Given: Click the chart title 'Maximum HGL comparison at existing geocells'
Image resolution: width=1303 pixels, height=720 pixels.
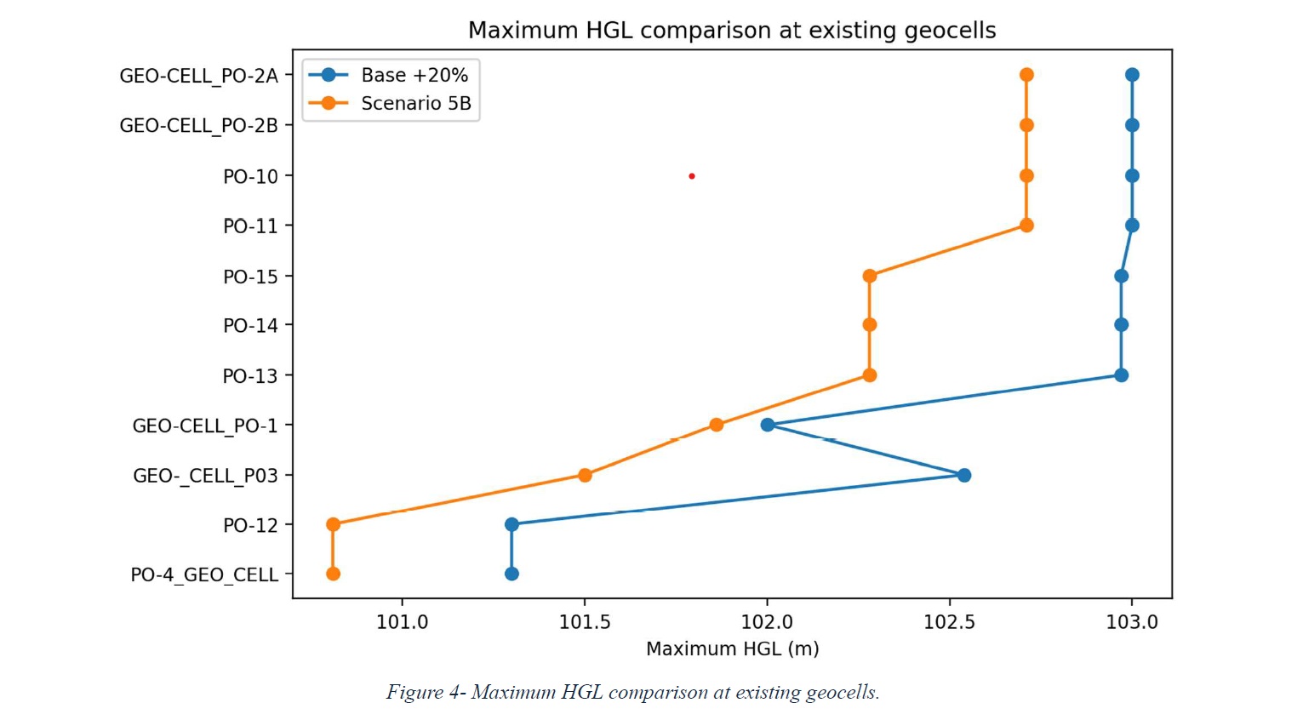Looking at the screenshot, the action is (x=732, y=31).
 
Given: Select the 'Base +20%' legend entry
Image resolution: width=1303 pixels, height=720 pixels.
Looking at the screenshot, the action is (x=388, y=75).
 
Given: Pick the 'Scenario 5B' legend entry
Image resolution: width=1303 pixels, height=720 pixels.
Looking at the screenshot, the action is (x=390, y=104).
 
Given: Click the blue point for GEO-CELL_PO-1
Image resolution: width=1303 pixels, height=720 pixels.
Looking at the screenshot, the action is (x=768, y=426).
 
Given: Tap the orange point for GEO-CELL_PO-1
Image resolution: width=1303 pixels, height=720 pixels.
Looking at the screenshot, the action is (x=716, y=426).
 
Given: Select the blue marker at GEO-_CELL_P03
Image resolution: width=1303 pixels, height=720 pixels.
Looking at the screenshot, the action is (x=964, y=475).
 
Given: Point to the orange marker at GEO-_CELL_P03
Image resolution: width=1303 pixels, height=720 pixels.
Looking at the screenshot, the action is (x=585, y=475).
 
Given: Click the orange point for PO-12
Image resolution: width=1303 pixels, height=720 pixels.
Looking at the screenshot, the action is (x=333, y=524).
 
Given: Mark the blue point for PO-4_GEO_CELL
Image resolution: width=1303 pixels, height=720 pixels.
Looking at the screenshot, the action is (x=511, y=574).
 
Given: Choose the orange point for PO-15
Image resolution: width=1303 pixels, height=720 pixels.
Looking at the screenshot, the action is (x=869, y=276).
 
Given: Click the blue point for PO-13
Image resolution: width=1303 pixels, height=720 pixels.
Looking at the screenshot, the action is (x=1121, y=375).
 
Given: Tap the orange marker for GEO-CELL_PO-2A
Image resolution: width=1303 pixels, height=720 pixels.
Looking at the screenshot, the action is (x=1026, y=75).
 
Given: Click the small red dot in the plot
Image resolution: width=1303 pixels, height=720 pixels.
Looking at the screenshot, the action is (x=692, y=175).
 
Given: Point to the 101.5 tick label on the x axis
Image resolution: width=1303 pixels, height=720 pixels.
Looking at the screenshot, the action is (x=584, y=622).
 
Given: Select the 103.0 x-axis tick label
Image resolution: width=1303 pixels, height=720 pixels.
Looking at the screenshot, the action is (x=1131, y=622).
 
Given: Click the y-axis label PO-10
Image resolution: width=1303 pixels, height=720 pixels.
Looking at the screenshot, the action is (x=251, y=176).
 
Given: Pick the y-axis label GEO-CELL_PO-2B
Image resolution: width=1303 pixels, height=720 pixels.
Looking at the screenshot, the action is (x=199, y=126).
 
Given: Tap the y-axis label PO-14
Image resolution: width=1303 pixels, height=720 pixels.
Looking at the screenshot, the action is (x=251, y=326).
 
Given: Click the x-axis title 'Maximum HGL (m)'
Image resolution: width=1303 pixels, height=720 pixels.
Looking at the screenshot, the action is (x=733, y=649).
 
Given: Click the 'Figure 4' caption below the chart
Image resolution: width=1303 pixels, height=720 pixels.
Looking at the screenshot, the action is (x=633, y=692).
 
